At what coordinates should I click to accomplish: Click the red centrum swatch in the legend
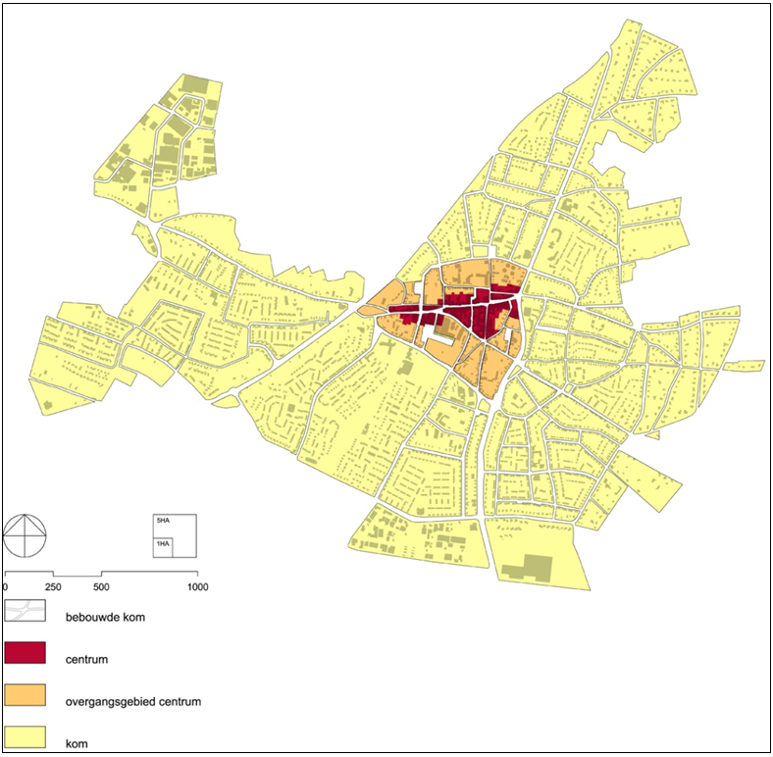(26, 654)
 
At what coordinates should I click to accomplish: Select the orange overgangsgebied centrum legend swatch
(26, 695)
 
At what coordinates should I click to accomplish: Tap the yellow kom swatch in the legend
(26, 735)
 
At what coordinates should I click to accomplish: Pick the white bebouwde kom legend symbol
(26, 612)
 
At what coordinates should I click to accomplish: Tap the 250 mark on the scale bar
(53, 586)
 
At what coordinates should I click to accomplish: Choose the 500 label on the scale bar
(101, 586)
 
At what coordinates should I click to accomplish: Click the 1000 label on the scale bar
(197, 586)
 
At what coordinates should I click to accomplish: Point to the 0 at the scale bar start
(6, 586)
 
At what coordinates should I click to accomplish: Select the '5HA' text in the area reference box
(162, 520)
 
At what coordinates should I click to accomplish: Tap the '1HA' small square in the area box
(163, 545)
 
